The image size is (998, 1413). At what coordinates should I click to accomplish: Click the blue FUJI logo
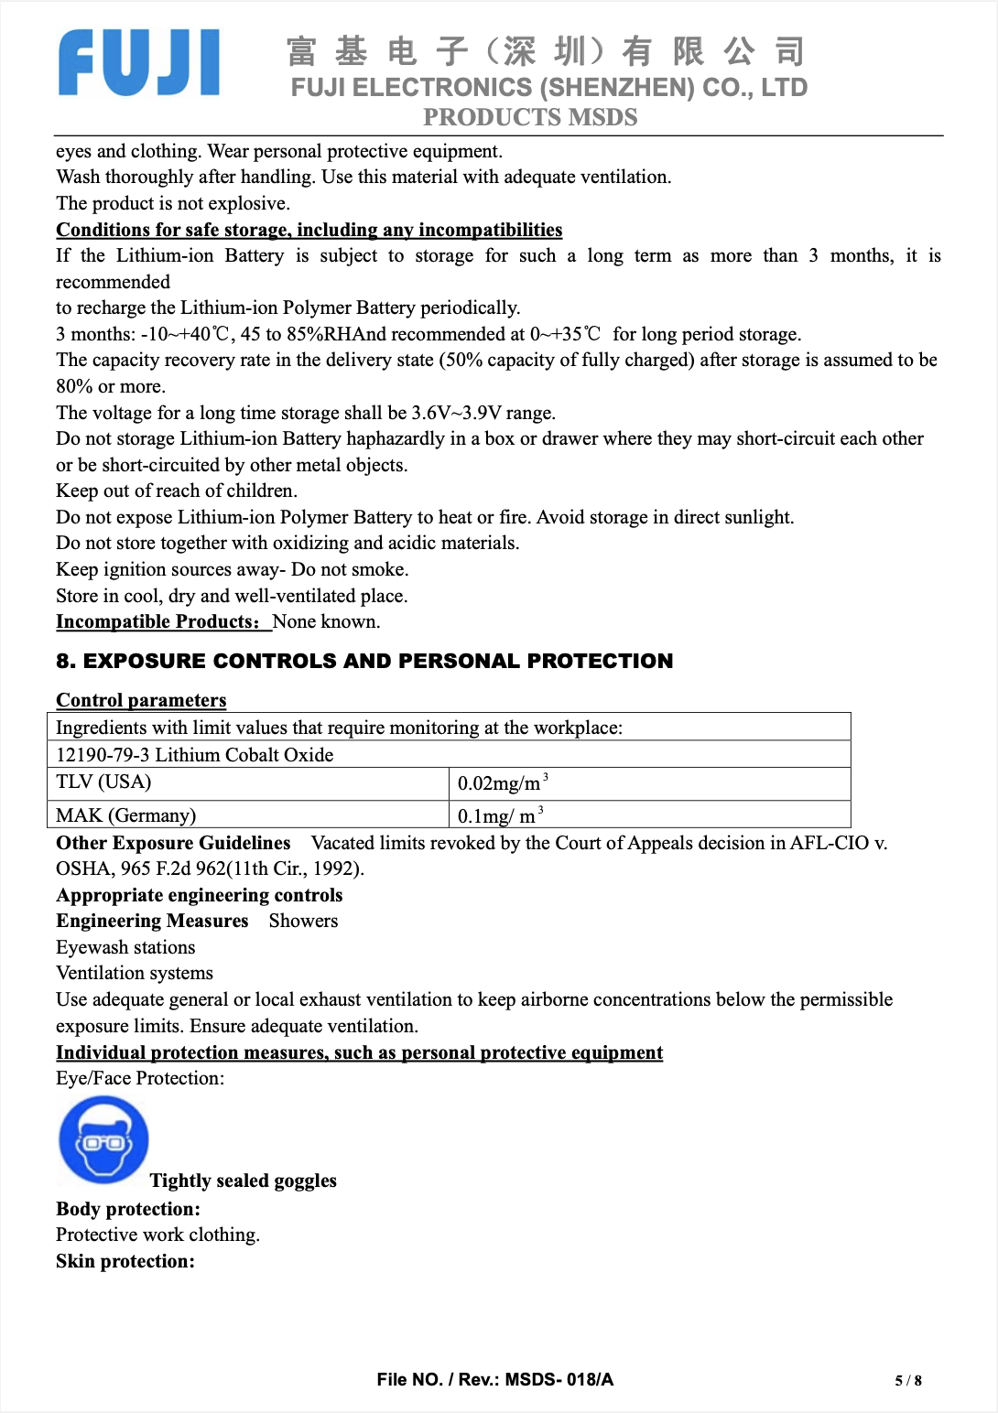(139, 63)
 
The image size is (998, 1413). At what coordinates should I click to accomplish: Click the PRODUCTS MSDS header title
(530, 118)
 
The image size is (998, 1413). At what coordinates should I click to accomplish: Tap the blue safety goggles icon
(103, 1140)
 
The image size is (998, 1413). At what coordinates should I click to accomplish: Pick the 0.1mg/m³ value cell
(500, 815)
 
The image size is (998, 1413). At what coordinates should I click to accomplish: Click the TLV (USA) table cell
(103, 782)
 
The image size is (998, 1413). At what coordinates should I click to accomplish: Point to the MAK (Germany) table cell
(125, 815)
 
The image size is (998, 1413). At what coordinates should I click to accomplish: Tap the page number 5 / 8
(907, 1380)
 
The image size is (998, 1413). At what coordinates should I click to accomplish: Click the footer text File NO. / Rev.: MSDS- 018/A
(494, 1379)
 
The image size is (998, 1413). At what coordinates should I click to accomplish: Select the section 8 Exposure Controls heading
(364, 661)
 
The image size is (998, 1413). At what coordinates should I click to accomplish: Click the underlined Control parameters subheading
(141, 700)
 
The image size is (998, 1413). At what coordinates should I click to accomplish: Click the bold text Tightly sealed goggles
(244, 1181)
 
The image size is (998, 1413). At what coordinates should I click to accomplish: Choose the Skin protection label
(125, 1261)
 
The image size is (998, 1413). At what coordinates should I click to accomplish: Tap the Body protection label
(128, 1209)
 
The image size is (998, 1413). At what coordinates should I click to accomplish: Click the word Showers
(303, 921)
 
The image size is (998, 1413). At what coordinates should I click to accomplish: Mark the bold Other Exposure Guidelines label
(173, 843)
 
